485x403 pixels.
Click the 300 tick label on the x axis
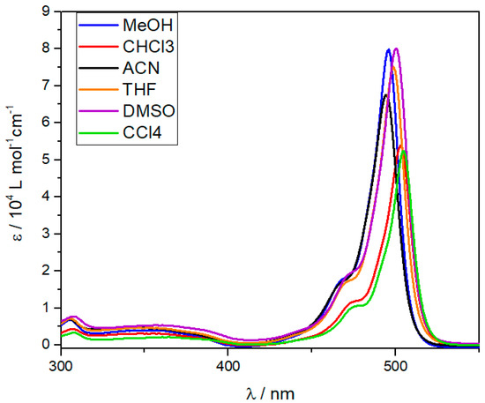coord(61,362)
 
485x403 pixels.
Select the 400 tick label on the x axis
coord(228,362)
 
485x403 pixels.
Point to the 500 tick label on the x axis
coord(395,362)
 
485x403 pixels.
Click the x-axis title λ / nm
coord(272,388)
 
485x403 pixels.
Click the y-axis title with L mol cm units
coord(15,176)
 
